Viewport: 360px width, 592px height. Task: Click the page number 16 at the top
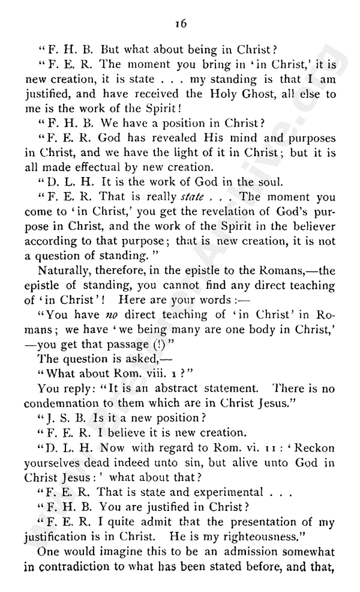click(x=179, y=23)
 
